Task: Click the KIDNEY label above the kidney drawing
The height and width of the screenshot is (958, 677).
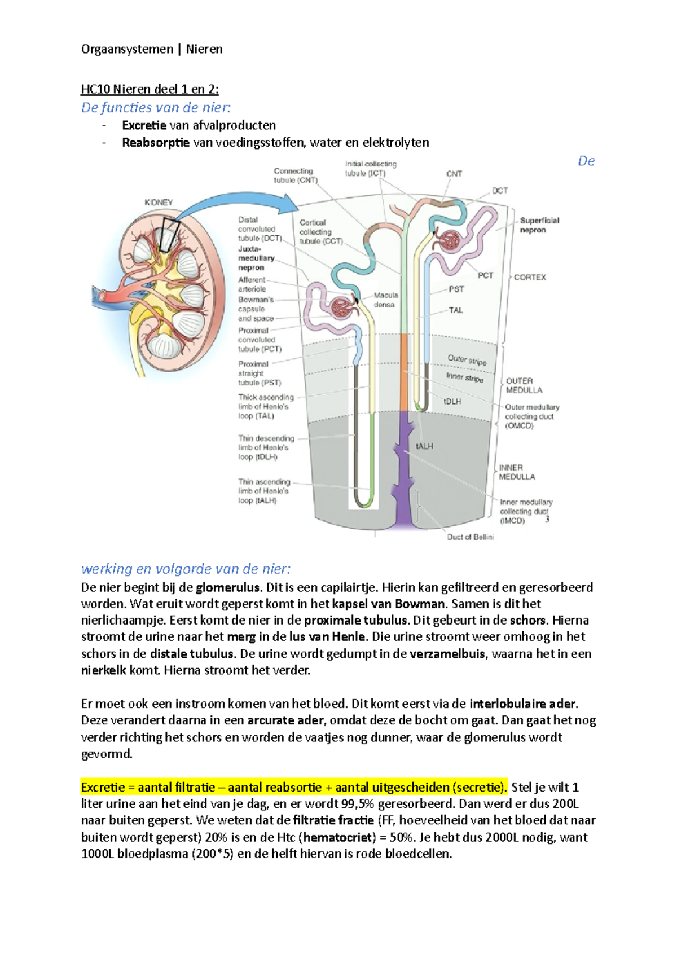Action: click(158, 203)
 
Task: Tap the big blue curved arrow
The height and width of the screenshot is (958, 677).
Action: click(231, 201)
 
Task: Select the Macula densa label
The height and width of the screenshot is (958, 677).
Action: click(385, 300)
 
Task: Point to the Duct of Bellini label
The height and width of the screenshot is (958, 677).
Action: click(470, 537)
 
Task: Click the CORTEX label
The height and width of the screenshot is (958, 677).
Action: click(530, 277)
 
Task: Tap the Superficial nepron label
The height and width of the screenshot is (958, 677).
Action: click(539, 225)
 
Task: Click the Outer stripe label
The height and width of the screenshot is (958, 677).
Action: click(467, 360)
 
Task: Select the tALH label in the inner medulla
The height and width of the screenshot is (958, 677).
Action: click(424, 446)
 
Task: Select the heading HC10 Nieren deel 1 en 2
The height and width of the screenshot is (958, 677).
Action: click(150, 89)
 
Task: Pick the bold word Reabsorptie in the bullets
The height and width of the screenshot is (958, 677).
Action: click(156, 142)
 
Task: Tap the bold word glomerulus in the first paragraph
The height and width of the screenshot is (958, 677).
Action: click(228, 587)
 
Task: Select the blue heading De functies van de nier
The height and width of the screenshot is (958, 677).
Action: click(156, 107)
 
